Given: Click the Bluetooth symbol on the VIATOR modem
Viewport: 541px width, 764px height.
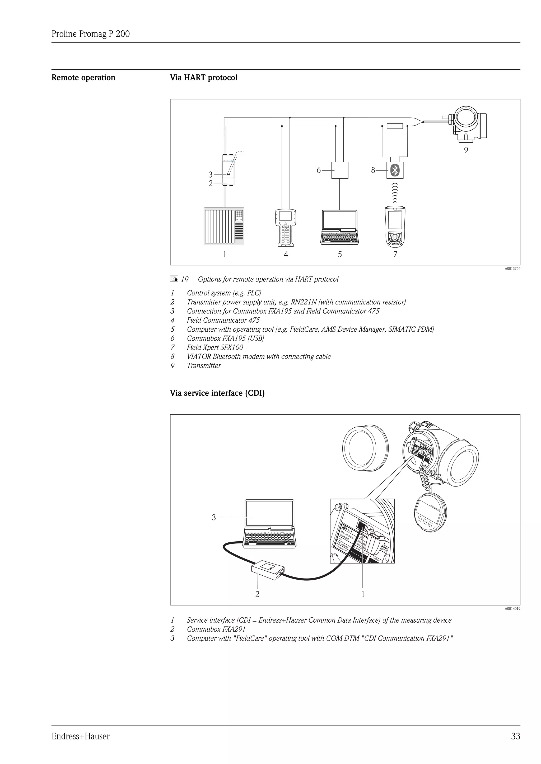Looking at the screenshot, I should [395, 170].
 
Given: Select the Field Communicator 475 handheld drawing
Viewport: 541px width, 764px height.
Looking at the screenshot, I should [286, 228].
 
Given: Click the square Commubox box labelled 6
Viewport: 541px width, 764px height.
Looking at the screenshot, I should [339, 170].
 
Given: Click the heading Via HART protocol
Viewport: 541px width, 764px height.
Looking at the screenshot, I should [204, 78].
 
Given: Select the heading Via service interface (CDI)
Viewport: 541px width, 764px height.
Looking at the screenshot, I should [217, 393].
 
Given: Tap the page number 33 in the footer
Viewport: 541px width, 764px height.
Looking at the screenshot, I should [515, 736].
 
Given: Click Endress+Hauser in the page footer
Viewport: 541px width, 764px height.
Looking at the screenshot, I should [80, 736].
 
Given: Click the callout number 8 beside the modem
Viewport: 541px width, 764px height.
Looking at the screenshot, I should [373, 170].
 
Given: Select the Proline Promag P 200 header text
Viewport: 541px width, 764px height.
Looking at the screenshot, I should [91, 34].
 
